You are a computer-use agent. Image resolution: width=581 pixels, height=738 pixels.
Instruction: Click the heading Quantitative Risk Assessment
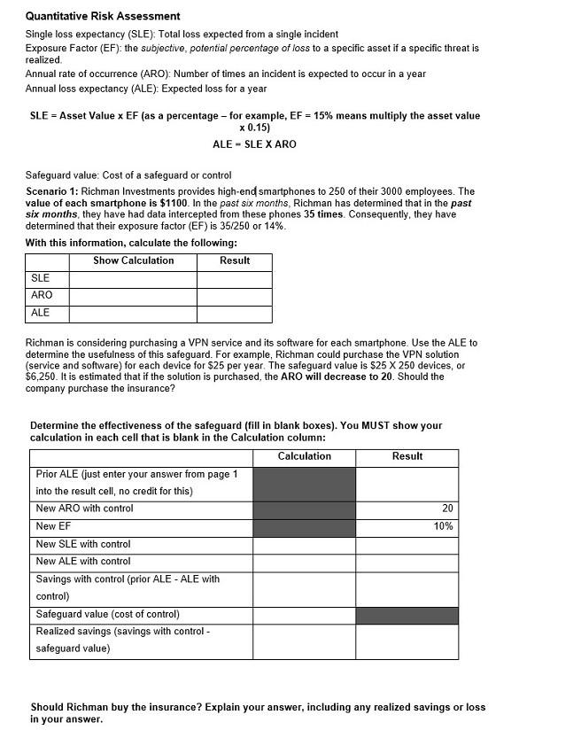(103, 16)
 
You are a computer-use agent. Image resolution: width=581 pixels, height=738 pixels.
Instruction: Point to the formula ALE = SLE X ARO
(254, 144)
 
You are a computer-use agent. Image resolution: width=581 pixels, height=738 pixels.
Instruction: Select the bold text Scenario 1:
(52, 191)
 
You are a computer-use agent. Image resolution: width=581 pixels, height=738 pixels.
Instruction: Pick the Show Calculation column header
(133, 260)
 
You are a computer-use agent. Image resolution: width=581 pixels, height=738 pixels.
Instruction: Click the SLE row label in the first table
(40, 278)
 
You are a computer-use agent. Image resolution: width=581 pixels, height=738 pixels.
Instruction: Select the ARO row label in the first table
(42, 295)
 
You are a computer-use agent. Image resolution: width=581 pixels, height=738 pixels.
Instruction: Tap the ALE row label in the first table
(41, 313)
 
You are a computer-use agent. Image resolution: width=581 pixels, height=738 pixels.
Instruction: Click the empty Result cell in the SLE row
(234, 278)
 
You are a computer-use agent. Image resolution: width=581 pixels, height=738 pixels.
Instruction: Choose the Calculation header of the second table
(304, 456)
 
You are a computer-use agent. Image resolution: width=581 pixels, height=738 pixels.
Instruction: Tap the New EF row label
(53, 526)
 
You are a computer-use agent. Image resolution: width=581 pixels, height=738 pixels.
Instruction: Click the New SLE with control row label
(83, 544)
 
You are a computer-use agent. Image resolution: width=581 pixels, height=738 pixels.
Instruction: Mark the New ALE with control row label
(83, 561)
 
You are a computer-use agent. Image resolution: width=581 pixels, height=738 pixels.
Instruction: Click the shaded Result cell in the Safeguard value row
(407, 615)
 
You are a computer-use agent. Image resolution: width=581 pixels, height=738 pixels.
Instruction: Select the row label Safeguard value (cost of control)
(107, 614)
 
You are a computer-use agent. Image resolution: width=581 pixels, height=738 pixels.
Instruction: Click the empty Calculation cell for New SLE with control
(304, 544)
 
